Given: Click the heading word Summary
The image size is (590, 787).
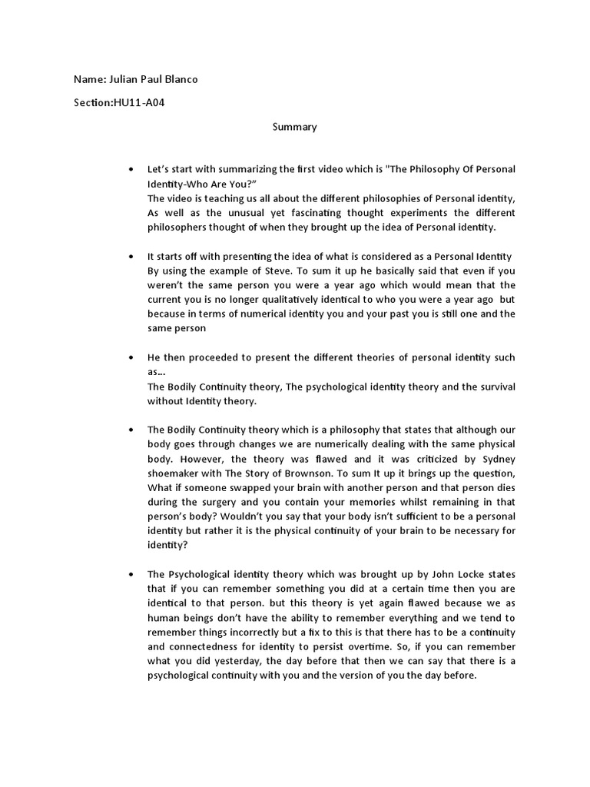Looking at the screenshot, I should coord(294,127).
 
